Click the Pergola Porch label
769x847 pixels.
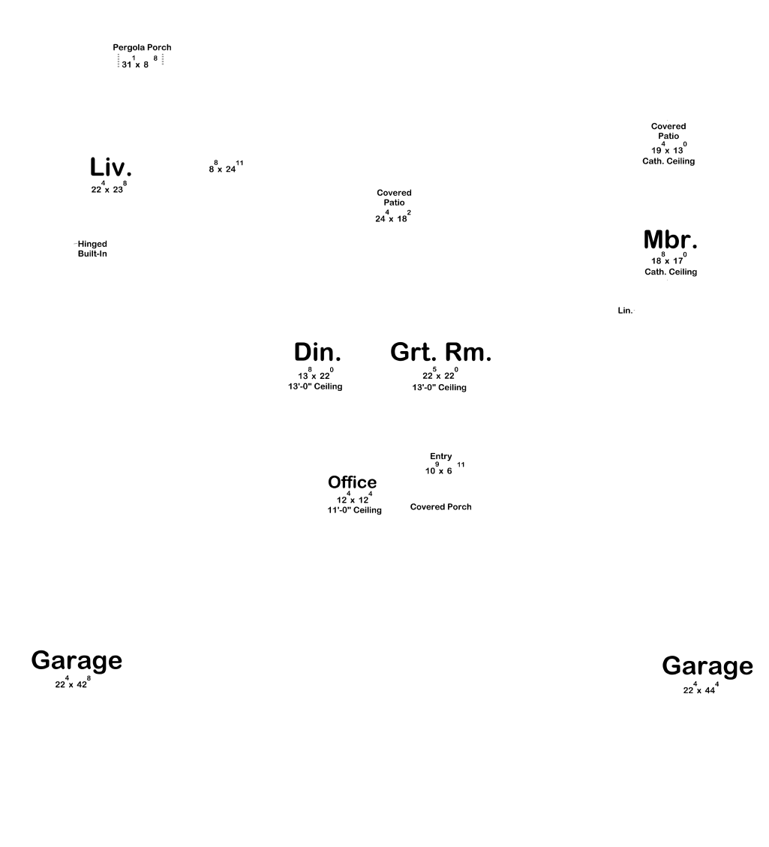142,47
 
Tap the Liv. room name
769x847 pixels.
110,167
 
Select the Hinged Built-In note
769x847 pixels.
92,249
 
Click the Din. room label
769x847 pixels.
317,352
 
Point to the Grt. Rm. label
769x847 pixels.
440,352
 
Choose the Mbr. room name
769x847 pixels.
670,240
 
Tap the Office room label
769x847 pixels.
352,482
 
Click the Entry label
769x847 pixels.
441,456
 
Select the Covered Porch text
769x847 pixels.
441,507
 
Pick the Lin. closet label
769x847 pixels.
625,311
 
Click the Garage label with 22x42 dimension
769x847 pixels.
77,661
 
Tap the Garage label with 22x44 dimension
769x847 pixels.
707,666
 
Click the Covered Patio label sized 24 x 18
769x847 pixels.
394,197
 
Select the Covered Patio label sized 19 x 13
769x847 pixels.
668,131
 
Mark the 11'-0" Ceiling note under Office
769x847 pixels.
354,510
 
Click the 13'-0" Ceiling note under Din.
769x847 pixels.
310,386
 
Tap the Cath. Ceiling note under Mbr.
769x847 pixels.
671,272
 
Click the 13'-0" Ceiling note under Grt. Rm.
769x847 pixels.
439,387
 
